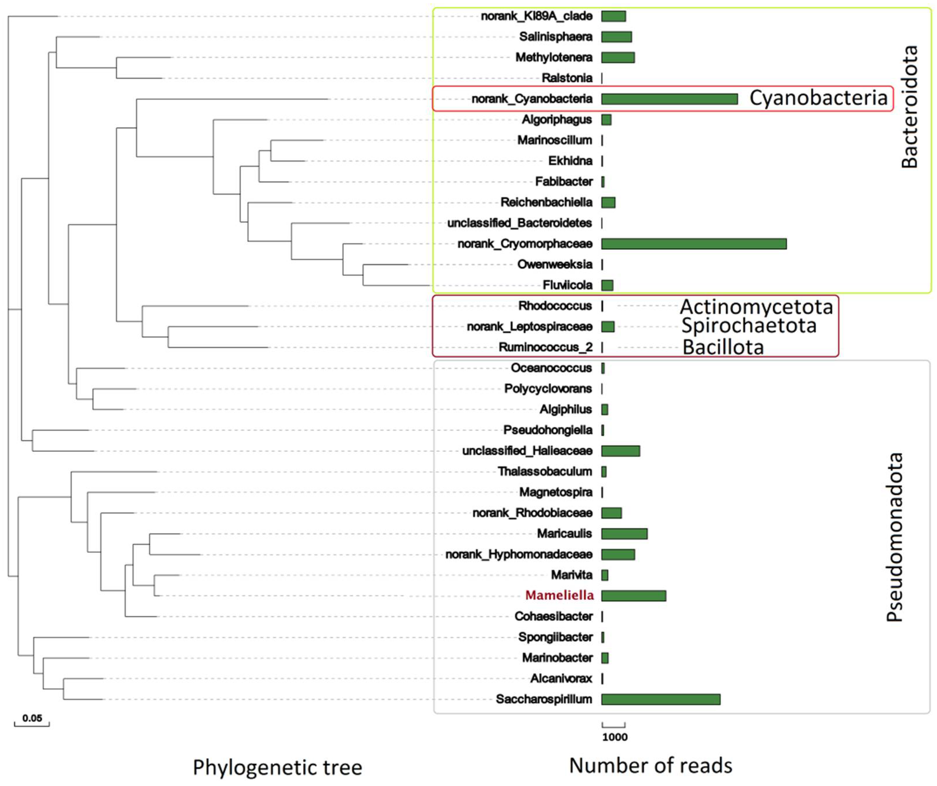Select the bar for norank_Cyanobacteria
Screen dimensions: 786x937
tap(669, 99)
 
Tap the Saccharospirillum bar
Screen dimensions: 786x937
tap(660, 699)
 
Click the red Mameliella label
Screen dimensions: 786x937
tap(559, 595)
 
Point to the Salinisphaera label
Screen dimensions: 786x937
tap(556, 37)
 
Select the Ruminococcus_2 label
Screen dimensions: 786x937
tap(545, 347)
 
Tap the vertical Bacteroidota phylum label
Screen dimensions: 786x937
tap(909, 107)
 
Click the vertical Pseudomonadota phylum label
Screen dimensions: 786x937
tap(894, 537)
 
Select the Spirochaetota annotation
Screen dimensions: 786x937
tap(749, 326)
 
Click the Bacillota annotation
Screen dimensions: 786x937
tap(723, 347)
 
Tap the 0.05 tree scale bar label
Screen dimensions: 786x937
tap(32, 718)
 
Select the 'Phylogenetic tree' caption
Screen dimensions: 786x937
tap(277, 767)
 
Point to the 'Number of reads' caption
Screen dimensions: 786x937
tap(651, 765)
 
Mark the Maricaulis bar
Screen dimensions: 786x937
tap(624, 533)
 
